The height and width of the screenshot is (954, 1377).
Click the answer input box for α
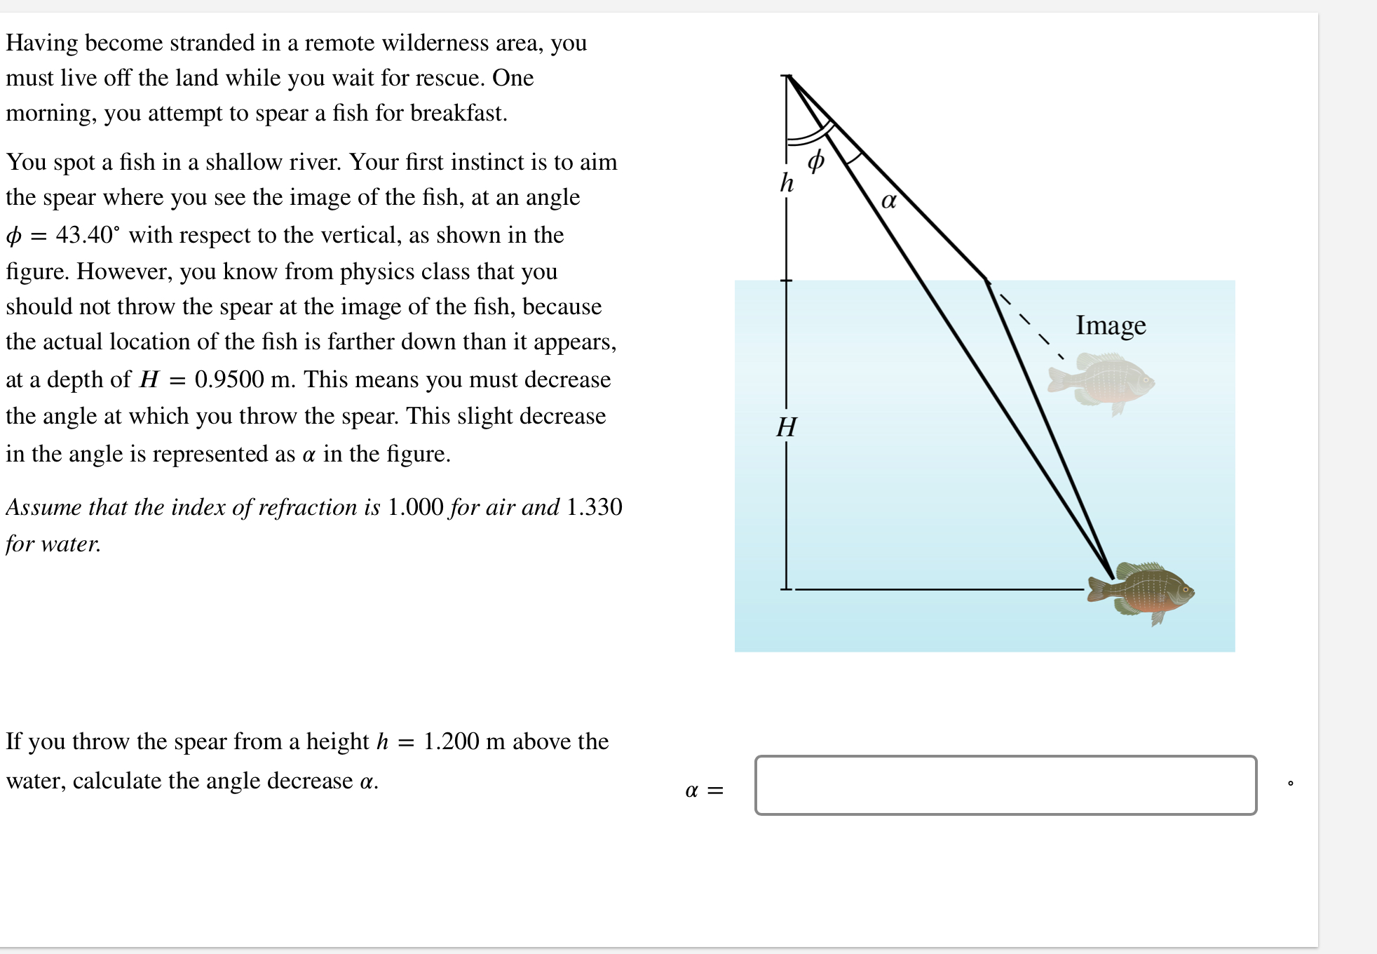coord(1005,785)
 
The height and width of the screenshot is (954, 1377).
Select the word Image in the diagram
coord(1111,325)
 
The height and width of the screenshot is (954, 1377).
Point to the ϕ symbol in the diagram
coord(815,161)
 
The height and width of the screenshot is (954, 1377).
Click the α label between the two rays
coord(888,201)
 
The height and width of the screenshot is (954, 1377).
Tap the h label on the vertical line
coord(787,183)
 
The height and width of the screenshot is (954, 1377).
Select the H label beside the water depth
coord(787,426)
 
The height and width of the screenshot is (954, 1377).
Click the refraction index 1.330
coord(594,507)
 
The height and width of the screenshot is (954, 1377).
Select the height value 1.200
coord(452,741)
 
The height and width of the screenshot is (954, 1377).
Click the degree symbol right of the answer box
coord(1290,783)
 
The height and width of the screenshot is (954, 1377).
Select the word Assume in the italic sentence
coord(43,507)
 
